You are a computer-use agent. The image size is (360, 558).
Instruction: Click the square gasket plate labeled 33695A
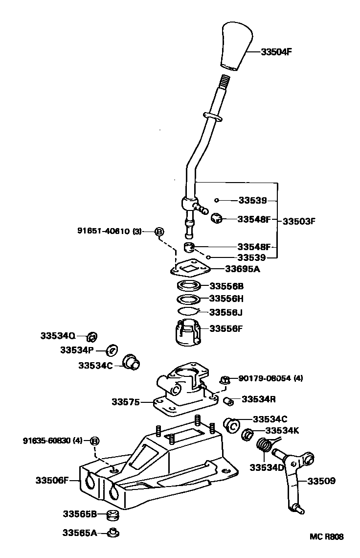coord(191,268)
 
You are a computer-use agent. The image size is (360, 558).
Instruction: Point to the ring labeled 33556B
coord(188,286)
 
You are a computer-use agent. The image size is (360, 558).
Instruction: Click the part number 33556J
coord(225,312)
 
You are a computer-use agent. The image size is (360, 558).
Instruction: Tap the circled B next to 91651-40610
coord(159,232)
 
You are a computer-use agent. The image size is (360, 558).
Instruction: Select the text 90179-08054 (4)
coord(271,378)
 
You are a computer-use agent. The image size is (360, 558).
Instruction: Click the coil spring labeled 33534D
coord(264,447)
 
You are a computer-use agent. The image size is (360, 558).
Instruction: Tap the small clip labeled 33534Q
coord(91,336)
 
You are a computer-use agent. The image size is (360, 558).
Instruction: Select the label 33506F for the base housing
coord(51,480)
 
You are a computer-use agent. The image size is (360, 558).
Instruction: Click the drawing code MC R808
coord(326,537)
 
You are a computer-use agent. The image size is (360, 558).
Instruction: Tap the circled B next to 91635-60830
coord(95,441)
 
